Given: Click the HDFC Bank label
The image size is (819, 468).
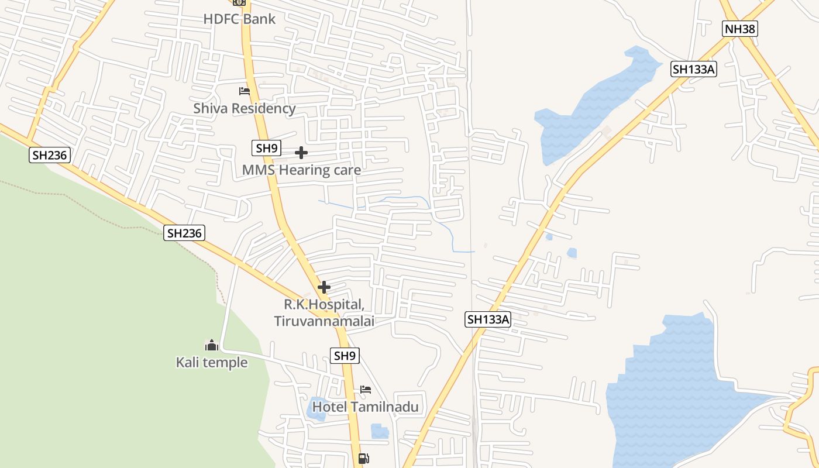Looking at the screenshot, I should click(239, 19).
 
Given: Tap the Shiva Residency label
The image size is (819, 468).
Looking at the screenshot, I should click(245, 108).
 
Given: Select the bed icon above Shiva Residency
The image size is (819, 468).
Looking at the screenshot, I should click(245, 91).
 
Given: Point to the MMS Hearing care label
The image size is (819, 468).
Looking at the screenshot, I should click(301, 170).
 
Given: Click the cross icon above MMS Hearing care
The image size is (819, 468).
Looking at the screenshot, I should click(301, 153).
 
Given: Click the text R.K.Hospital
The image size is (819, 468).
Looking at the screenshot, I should click(324, 305).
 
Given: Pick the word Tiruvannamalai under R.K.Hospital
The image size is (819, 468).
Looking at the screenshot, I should click(324, 321).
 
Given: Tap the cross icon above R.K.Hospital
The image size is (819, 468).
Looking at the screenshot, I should click(324, 287).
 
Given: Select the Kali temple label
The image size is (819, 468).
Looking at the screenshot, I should click(212, 363).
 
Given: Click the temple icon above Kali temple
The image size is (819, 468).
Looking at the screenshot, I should click(212, 345).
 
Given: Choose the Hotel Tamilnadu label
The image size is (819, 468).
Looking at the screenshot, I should click(366, 407).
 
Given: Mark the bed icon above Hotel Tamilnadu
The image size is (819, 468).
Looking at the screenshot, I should click(366, 389).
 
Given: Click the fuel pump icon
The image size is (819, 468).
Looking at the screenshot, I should click(363, 459).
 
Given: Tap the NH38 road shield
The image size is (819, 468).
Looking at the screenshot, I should click(739, 29).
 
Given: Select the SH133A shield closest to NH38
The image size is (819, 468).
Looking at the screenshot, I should click(694, 69).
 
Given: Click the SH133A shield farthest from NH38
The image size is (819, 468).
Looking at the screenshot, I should click(488, 319).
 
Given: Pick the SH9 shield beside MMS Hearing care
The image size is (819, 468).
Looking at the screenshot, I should click(266, 148).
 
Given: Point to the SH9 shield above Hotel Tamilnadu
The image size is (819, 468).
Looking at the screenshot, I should click(345, 355).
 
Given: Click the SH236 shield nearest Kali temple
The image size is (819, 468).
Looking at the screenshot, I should click(184, 233).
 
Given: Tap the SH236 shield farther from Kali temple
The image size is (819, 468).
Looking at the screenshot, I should click(50, 155).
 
